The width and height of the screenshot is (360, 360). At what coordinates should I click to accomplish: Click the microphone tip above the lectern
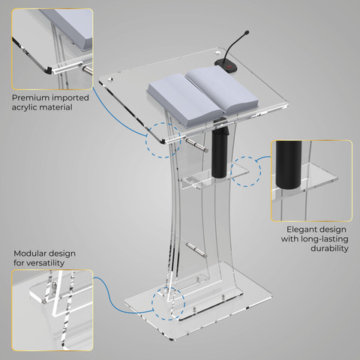(247, 32)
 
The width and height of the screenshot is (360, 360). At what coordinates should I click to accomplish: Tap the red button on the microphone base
(229, 67)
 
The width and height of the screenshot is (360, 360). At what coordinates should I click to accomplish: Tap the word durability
(329, 248)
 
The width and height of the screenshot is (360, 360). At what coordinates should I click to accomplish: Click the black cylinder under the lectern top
(220, 151)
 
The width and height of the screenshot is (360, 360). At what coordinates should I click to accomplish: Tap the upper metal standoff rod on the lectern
(196, 145)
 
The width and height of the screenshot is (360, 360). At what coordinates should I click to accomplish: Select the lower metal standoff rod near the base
(196, 250)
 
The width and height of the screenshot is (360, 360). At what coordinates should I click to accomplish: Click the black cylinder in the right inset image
(289, 165)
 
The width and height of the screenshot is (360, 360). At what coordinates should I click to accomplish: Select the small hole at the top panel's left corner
(110, 79)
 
